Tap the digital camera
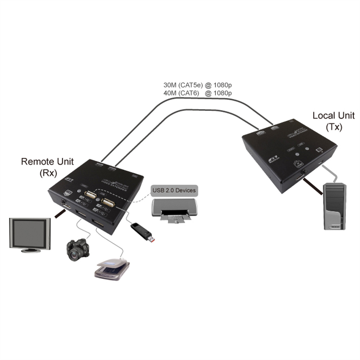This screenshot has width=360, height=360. coord(78,249)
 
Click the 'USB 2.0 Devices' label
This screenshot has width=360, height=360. coord(174,190)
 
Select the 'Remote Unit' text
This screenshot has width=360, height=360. coord(47,162)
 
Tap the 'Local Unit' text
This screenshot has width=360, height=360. coord(334,115)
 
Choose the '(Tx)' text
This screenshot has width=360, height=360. coord(334,127)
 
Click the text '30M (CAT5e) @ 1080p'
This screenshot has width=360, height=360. coord(197,85)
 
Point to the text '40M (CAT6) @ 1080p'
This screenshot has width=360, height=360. coord(197,93)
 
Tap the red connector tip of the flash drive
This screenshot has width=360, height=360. coord(152,239)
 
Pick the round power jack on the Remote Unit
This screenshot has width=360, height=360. coord(64,202)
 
